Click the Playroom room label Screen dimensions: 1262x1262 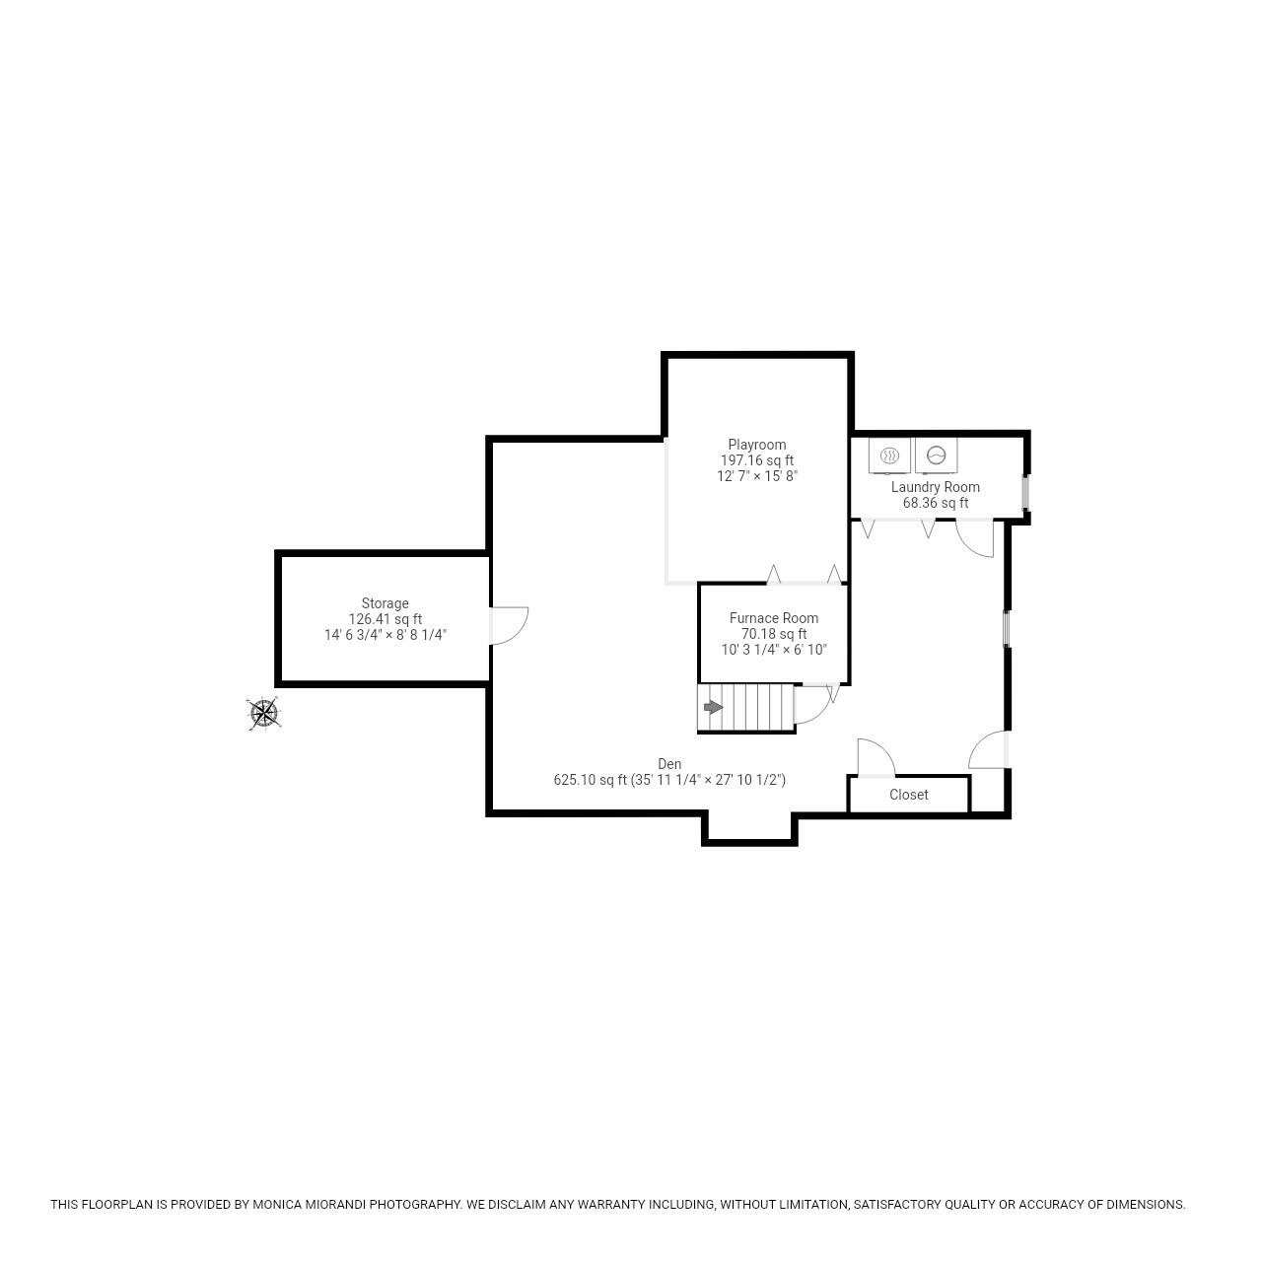756,445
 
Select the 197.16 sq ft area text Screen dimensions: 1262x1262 756,460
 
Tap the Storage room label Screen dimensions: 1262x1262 385,603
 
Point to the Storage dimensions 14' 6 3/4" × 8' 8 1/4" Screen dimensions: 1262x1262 385,635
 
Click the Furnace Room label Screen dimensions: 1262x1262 773,618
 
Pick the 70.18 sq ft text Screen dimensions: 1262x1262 773,634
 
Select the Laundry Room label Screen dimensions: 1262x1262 935,487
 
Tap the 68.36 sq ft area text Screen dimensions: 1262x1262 935,503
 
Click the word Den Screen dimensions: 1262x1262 669,764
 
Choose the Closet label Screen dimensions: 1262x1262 908,795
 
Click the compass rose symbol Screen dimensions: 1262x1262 264,713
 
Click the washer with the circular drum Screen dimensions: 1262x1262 936,456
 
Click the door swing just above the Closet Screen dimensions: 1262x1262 875,757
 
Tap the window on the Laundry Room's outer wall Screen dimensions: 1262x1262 1025,493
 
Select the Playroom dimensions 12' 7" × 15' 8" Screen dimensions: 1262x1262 756,476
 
